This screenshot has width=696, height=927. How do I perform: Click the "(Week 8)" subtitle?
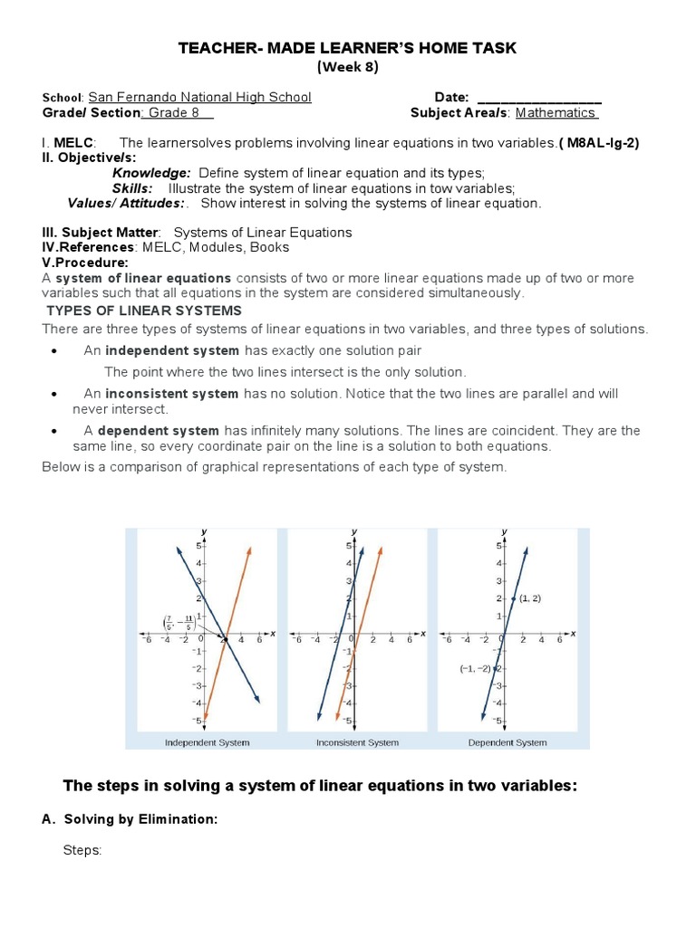point(347,67)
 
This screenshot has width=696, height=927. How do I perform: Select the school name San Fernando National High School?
point(199,97)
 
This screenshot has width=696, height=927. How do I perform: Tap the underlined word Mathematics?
point(556,113)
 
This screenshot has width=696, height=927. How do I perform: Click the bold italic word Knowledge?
point(151,173)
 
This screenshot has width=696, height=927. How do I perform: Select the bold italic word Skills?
point(132,188)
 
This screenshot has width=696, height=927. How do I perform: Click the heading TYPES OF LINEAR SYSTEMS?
point(144,311)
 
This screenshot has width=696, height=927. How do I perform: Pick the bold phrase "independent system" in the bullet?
point(172,350)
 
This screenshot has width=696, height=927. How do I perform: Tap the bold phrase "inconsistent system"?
point(171,394)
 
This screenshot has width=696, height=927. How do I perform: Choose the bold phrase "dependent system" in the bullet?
point(159,431)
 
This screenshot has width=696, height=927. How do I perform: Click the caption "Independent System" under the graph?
point(207,742)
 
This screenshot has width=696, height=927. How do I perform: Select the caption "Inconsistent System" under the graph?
point(357,742)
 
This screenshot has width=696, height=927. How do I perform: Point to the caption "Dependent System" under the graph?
point(507,742)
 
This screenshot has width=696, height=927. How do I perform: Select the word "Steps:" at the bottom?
point(82,851)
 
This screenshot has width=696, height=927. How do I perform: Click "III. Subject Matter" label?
point(101,233)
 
